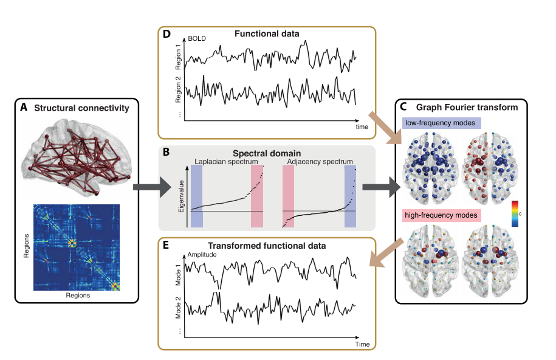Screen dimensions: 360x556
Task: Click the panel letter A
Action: tap(24, 108)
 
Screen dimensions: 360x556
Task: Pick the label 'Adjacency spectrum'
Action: tap(318, 162)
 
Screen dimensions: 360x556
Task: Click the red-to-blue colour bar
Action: tap(515, 213)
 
